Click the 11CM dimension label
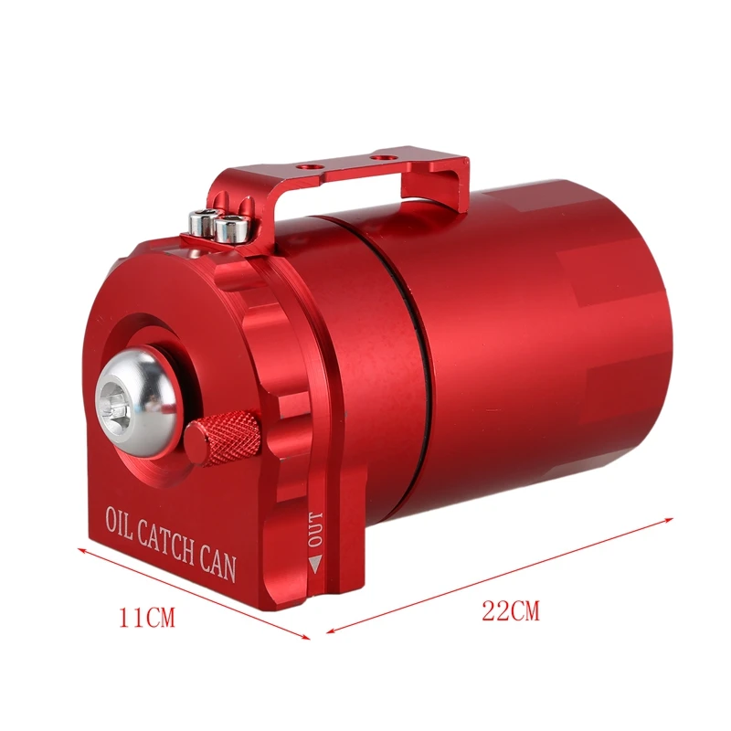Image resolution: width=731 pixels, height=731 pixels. pos(147,619)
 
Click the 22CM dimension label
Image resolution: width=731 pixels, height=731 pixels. pos(511,610)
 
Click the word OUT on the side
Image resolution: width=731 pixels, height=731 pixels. pos(315,529)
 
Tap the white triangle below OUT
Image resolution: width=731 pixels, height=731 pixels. pos(315,564)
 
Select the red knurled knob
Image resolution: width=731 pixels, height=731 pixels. pos(223,439)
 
